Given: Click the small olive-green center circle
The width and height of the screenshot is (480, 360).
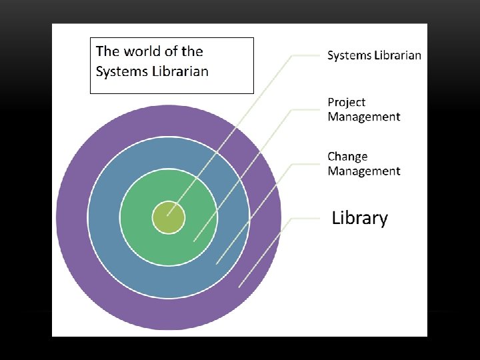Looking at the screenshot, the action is point(168,218).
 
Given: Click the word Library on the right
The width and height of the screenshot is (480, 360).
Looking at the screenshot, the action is point(359,218).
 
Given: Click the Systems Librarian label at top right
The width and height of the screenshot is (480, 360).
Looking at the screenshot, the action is point(374,55).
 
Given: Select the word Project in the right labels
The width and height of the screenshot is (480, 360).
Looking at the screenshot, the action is point(346,102).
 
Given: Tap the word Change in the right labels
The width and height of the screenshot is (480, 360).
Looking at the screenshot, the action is point(347,157).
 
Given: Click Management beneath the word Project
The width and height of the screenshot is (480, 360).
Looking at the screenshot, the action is point(363,117).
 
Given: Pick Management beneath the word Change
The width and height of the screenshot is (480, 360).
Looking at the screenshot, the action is point(363,171).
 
